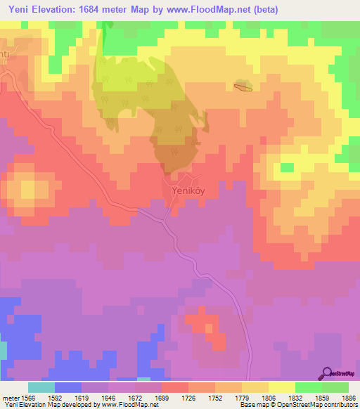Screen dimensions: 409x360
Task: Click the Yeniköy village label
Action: click(187, 189)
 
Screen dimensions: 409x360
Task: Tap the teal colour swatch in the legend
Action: click(41, 387)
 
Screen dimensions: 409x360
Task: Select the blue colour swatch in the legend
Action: click(67, 387)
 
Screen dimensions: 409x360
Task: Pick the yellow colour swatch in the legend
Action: click(281, 387)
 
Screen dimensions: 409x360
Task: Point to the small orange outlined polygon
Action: click(243, 87)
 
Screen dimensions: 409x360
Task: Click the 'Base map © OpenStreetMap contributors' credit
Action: click(298, 405)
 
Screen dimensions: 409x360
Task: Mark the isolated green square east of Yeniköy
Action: click(287, 167)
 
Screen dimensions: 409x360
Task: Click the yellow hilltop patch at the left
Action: click(29, 189)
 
